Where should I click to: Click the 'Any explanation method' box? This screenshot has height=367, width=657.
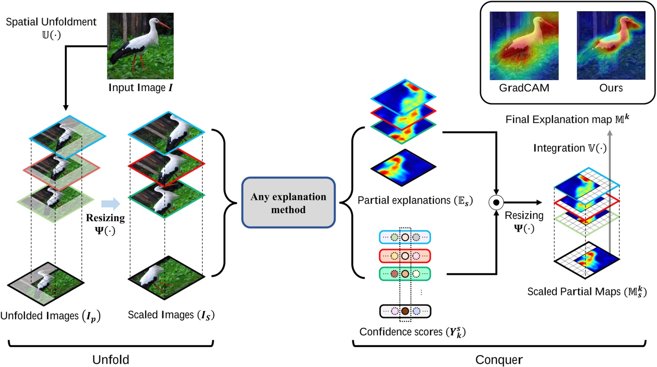click(x=288, y=203)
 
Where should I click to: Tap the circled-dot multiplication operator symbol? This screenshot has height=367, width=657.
click(x=496, y=203)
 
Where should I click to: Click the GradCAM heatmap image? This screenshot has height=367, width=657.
click(x=524, y=46)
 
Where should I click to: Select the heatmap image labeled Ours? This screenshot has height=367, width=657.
click(x=611, y=46)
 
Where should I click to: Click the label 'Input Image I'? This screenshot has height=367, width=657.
click(x=140, y=88)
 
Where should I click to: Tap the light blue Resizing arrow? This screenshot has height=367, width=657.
click(x=111, y=204)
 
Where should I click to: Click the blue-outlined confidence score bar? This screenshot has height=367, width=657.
click(x=405, y=237)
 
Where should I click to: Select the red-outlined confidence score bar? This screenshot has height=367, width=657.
click(x=405, y=256)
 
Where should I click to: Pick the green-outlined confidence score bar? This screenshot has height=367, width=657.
click(x=405, y=274)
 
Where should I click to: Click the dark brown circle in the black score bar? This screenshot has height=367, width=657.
click(x=405, y=311)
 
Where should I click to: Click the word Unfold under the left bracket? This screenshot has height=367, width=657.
click(x=111, y=359)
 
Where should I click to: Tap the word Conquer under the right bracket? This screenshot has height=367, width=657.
click(x=499, y=359)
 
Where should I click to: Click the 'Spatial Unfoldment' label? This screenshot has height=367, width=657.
click(x=51, y=22)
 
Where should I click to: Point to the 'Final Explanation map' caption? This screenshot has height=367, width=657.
click(x=567, y=119)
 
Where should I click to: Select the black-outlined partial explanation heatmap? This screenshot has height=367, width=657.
click(x=403, y=168)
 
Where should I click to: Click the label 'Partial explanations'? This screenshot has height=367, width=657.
click(x=415, y=200)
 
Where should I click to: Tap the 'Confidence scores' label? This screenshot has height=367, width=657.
click(x=412, y=332)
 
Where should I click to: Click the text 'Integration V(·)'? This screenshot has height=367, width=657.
click(x=570, y=148)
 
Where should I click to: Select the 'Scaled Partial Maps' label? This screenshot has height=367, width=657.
click(x=587, y=292)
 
